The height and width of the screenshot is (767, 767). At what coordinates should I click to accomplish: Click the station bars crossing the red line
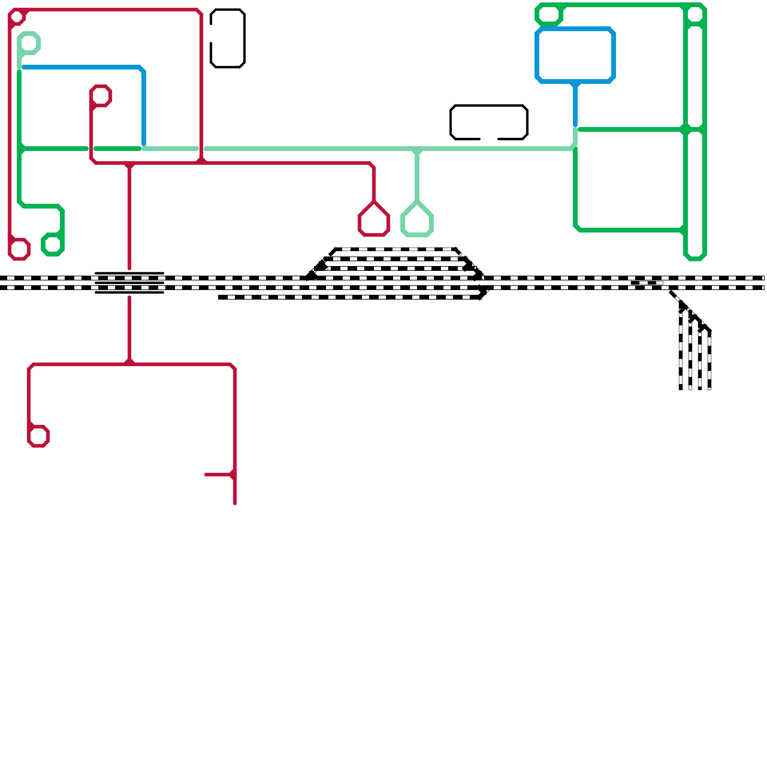point(129,283)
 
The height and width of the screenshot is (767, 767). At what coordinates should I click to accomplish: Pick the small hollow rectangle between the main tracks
point(647,283)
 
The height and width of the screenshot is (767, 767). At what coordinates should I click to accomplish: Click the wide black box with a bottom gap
point(489,106)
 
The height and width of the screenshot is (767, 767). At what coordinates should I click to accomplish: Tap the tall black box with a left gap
point(244,38)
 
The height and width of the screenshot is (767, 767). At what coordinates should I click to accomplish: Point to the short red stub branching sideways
point(218,475)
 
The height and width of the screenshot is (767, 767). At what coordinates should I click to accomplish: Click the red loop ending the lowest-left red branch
point(38,436)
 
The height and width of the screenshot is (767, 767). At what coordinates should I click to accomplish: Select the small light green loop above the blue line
point(29,43)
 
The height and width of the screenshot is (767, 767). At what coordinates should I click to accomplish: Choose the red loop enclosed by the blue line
point(101,95)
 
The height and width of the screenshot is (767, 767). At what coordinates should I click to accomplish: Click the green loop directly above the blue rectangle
point(549,14)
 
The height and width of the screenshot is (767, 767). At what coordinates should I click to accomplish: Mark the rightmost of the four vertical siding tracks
point(709,360)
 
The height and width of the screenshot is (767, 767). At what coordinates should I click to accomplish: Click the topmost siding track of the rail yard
point(395,249)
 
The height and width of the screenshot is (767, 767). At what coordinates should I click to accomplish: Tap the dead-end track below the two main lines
point(345,297)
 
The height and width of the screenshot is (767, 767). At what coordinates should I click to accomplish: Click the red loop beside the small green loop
point(19,249)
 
